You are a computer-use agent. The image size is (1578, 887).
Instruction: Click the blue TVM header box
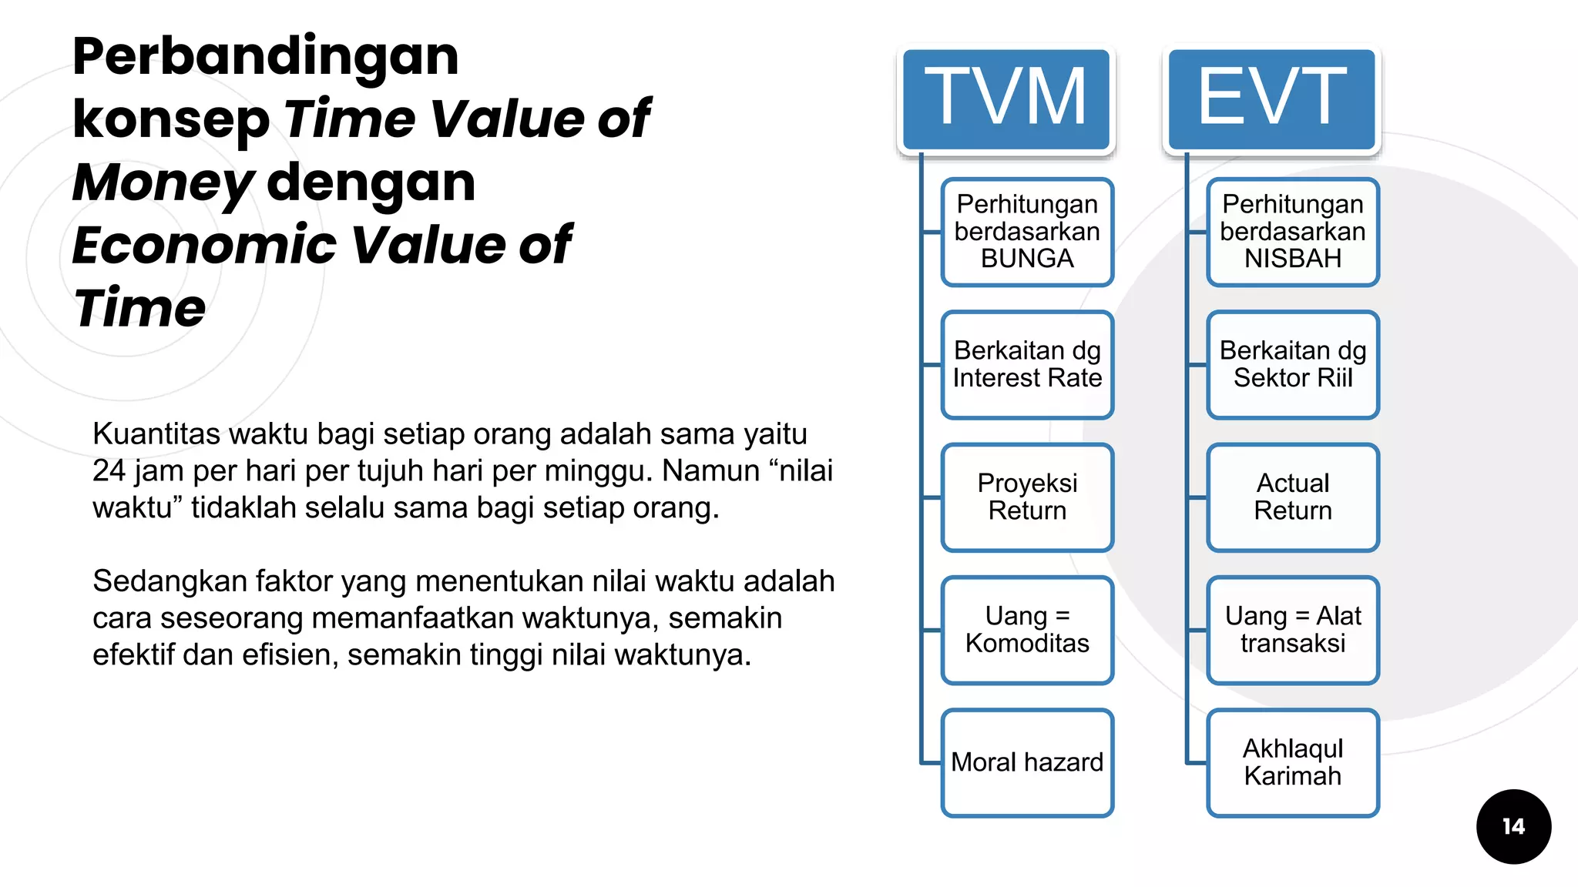pos(1006,99)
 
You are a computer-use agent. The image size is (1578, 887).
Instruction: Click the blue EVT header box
pos(1271,99)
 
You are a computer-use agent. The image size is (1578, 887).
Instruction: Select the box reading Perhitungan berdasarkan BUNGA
pos(1027,232)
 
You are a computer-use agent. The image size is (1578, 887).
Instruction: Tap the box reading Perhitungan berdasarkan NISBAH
pos(1292,232)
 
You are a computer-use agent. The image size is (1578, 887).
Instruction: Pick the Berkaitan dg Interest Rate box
pos(1027,364)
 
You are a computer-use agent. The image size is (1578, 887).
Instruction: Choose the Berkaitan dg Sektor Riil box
pos(1292,364)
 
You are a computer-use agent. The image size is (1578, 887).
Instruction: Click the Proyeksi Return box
pos(1027,497)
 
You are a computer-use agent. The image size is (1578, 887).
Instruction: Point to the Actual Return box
pos(1292,497)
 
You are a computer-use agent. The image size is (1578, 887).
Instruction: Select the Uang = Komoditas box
pos(1027,630)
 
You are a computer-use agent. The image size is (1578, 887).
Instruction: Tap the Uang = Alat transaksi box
pos(1292,630)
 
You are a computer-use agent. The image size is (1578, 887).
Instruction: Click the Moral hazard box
pos(1027,762)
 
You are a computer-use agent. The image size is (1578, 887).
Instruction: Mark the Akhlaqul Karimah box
pos(1292,762)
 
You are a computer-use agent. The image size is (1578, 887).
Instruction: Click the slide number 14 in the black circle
pos(1513,827)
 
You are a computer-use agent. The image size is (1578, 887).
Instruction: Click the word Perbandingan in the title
pos(266,57)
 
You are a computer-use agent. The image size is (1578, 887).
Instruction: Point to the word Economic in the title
pos(205,245)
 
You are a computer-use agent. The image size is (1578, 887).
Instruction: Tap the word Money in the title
pos(162,182)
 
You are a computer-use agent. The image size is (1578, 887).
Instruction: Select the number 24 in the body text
pos(109,471)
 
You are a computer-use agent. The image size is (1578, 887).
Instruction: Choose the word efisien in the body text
pos(290,655)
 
